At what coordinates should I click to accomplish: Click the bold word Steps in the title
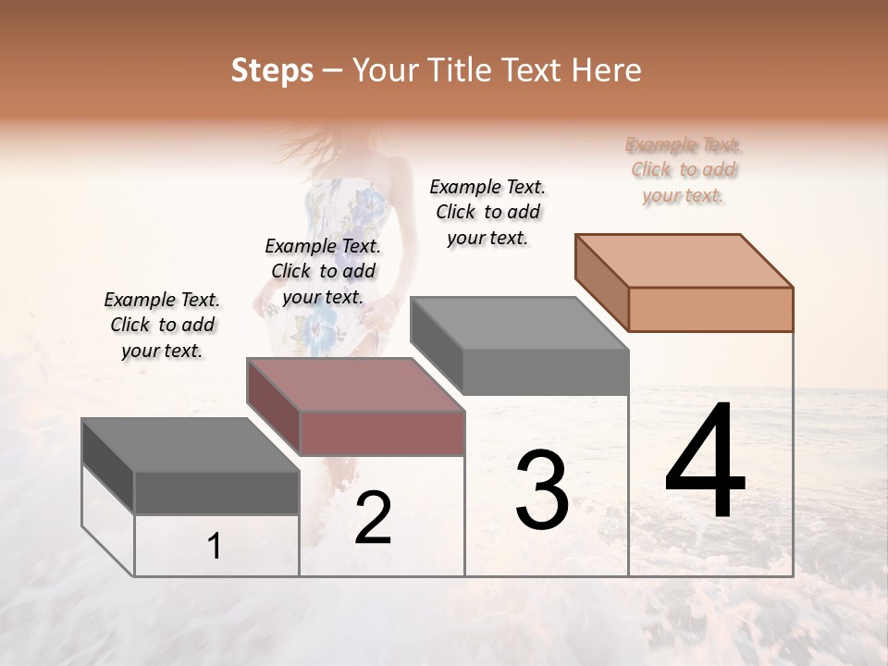click(x=272, y=70)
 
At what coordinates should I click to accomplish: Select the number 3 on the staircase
click(x=542, y=490)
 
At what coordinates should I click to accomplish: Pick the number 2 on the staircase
click(x=373, y=519)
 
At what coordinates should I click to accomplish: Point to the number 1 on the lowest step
click(x=215, y=547)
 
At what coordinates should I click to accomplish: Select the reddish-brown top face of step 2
click(x=354, y=384)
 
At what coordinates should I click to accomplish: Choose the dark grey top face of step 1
click(x=190, y=445)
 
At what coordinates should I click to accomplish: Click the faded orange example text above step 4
click(x=684, y=170)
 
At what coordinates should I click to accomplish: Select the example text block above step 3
click(x=487, y=212)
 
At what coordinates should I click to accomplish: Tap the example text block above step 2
click(x=323, y=271)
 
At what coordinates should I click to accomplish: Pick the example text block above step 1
click(x=162, y=325)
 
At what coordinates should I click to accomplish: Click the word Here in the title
click(x=607, y=70)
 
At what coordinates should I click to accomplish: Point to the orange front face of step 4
click(x=710, y=309)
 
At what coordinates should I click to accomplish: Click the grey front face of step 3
click(x=546, y=373)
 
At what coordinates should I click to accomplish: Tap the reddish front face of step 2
click(x=382, y=433)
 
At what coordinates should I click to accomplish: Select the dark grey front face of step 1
click(x=217, y=493)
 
